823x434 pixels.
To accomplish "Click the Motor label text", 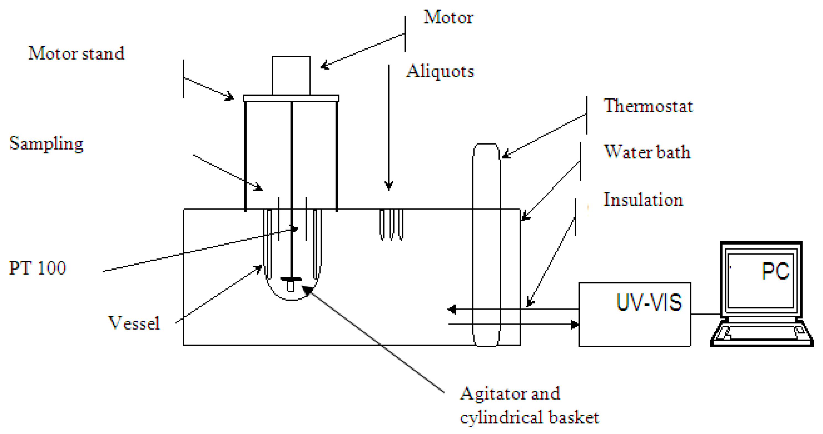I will coord(448,18).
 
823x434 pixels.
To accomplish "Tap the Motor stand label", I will coord(76,53).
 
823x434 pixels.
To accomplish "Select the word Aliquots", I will coord(440,71).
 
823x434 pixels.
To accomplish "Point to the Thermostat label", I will coord(648,106).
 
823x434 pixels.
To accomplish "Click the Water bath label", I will coord(647,152).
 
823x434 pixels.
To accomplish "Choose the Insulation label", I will coord(643,199).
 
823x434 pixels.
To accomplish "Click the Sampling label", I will coord(46,144).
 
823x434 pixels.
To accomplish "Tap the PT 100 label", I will coord(37,268).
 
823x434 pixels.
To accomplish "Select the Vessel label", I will coord(134,323).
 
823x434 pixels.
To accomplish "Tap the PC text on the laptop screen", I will coord(775,272).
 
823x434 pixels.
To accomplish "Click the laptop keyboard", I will coord(762,333).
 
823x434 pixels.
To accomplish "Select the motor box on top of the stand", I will coord(291,76).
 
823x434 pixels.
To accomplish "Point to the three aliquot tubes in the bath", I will coord(391,225).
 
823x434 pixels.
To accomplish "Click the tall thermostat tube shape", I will coord(486,243).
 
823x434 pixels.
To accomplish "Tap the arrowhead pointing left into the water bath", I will coord(452,309).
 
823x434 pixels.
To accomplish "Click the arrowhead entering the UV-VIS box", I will coord(575,324).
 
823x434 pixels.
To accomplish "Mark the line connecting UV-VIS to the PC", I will coord(706,314).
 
